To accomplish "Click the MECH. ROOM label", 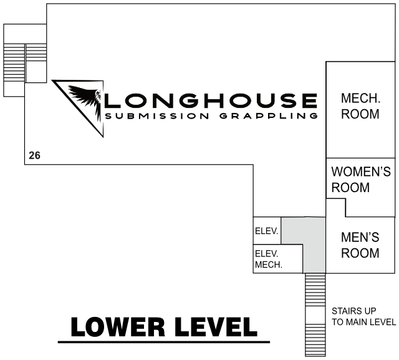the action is tap(360, 106).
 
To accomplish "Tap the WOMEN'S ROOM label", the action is tap(361, 180).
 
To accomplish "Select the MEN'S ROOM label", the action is tap(360, 245).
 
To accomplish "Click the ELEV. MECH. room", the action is tap(278, 259).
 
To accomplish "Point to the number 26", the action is tap(34, 155).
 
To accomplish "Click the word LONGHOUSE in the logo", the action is tap(211, 100).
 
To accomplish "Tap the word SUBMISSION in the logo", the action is tap(157, 116).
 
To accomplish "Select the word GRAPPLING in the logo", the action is tap(269, 116).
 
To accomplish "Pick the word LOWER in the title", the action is tap(118, 327).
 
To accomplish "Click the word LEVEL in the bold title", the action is tap(216, 327).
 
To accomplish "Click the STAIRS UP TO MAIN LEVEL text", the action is tap(363, 316).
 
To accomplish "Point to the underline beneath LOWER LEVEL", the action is tap(164, 342).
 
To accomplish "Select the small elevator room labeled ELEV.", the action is tap(267, 231).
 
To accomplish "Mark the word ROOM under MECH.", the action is tap(360, 114).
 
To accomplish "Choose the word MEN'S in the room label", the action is tap(360, 237).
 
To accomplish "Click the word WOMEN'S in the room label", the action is tap(361, 172).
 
